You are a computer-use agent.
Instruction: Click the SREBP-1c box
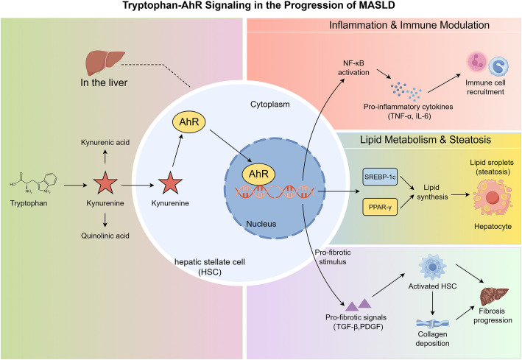(x=380, y=177)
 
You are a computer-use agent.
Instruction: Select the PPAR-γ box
(x=380, y=207)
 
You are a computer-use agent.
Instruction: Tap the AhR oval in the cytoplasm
(x=188, y=122)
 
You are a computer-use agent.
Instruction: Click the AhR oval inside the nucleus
(x=258, y=174)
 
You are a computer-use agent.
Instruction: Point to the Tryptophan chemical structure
(x=34, y=183)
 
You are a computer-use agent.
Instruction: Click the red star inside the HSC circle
(x=170, y=183)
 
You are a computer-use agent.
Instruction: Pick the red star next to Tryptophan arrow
(x=105, y=183)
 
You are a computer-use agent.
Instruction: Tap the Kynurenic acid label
(x=105, y=143)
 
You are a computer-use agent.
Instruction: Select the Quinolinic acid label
(x=105, y=236)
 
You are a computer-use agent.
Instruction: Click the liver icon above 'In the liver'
(x=105, y=63)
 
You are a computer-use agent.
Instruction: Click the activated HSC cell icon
(x=432, y=267)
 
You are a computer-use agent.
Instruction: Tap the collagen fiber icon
(x=432, y=323)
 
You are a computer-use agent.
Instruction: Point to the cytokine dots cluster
(x=406, y=91)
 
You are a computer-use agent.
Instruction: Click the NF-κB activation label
(x=353, y=68)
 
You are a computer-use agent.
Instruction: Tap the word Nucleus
(x=261, y=224)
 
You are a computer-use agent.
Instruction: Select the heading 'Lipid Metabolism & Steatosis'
(x=426, y=140)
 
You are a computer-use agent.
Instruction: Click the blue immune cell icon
(x=498, y=66)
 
